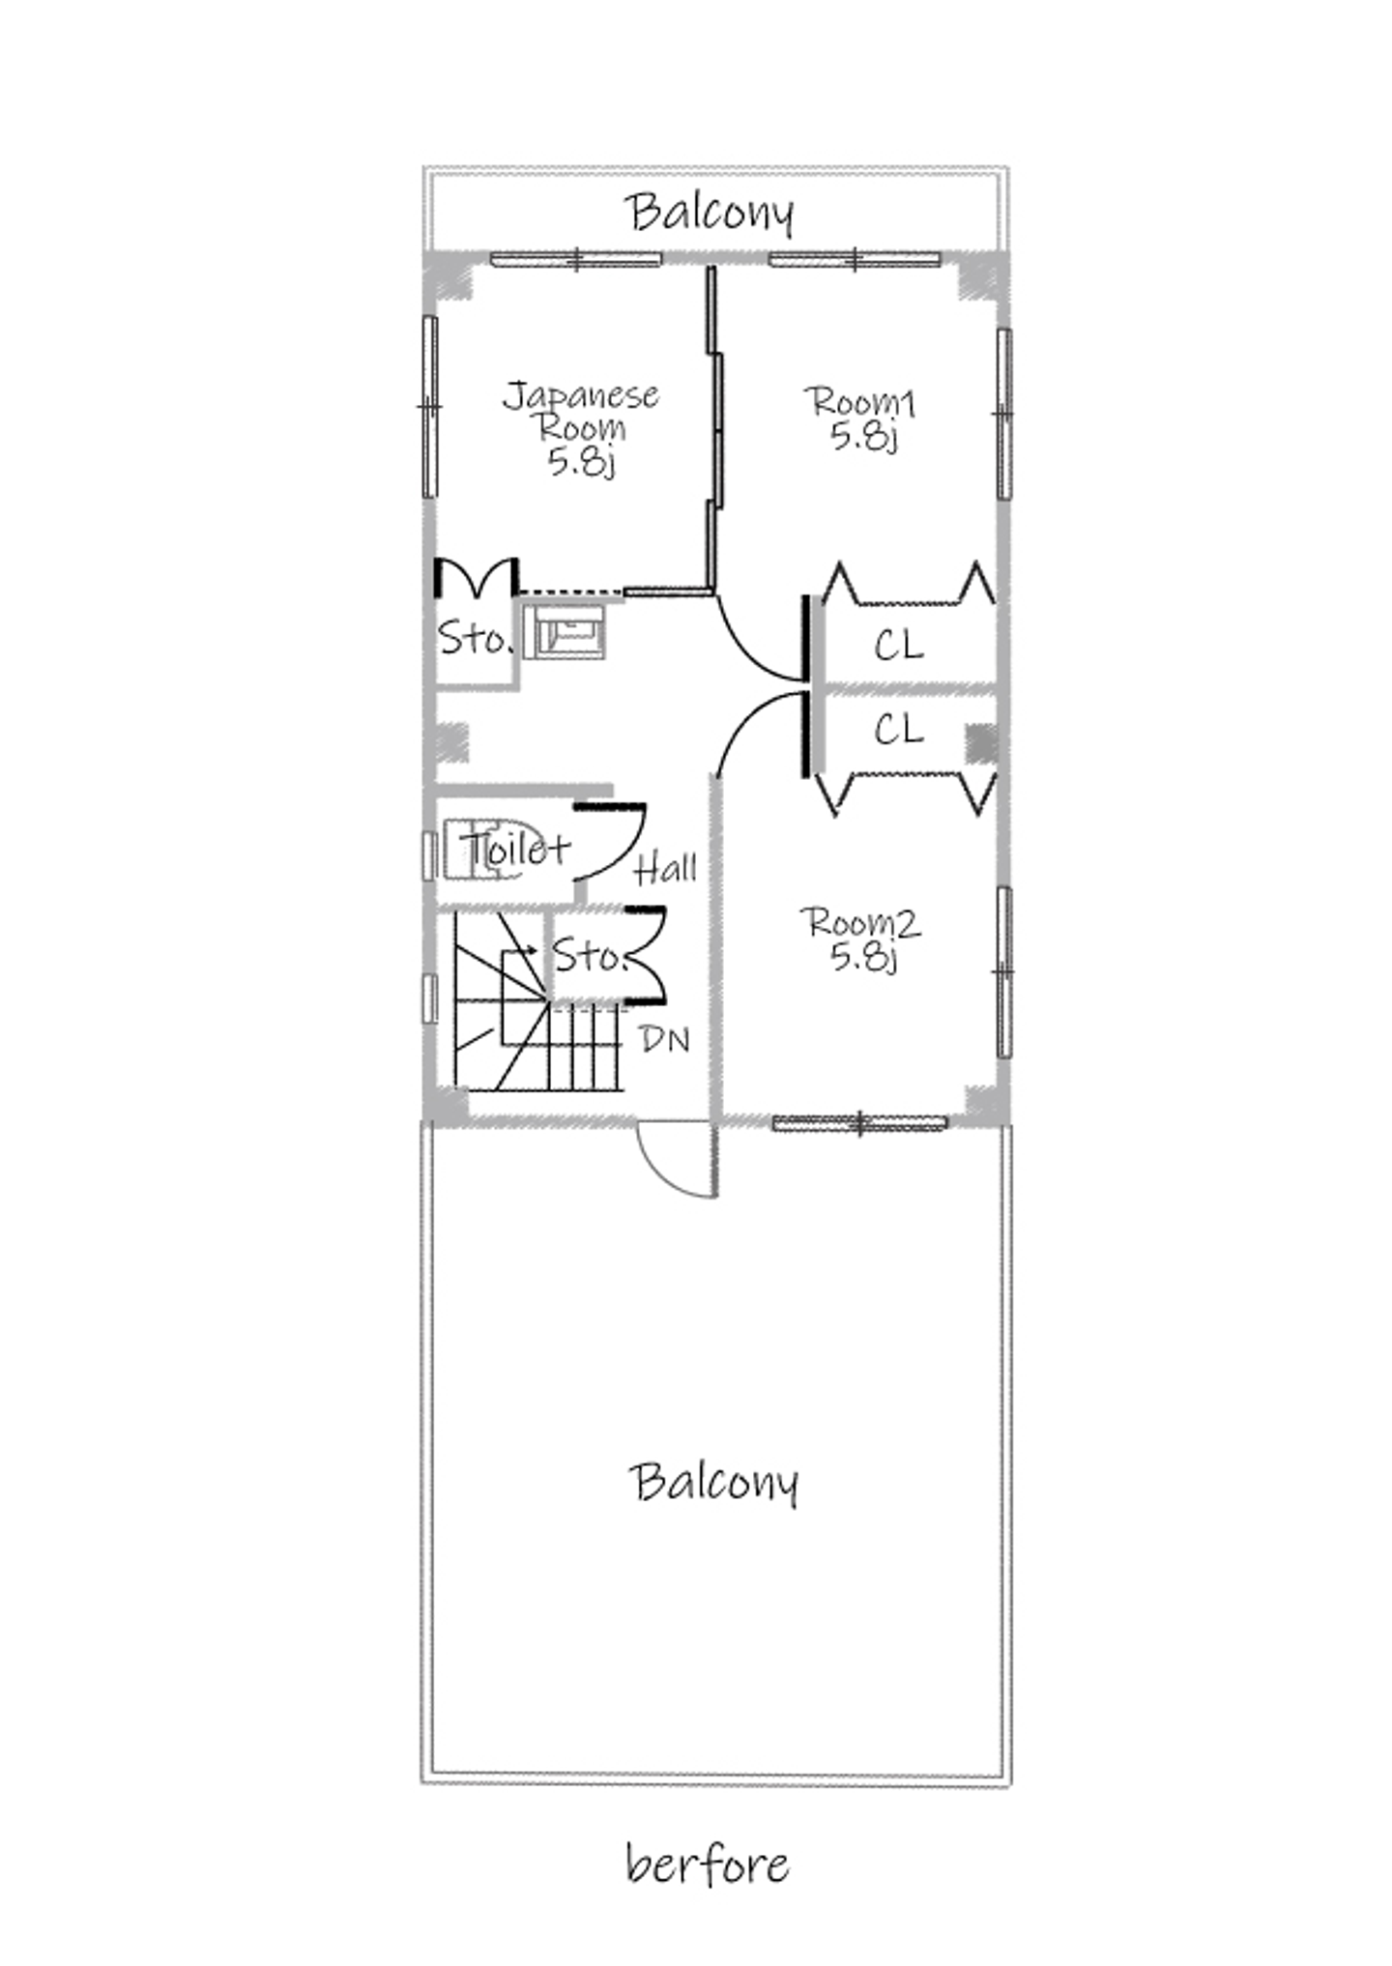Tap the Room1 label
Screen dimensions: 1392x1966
(x=862, y=419)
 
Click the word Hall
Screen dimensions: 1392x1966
(x=665, y=868)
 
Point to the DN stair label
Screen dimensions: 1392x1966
(x=665, y=1040)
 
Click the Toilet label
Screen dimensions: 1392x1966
(x=516, y=849)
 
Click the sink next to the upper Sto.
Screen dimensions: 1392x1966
(x=565, y=631)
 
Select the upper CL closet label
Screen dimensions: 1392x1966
(x=899, y=645)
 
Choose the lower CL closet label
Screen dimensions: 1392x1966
(x=899, y=729)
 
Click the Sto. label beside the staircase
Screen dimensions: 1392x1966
(x=590, y=956)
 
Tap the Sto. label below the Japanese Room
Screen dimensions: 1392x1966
(x=473, y=639)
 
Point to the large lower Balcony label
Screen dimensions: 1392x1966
(x=713, y=1482)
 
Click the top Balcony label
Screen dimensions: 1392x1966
(x=710, y=212)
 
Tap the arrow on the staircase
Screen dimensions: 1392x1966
(x=523, y=951)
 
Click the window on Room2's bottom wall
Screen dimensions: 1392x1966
(x=860, y=1122)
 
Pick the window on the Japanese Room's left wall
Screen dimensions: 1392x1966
(x=429, y=407)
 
